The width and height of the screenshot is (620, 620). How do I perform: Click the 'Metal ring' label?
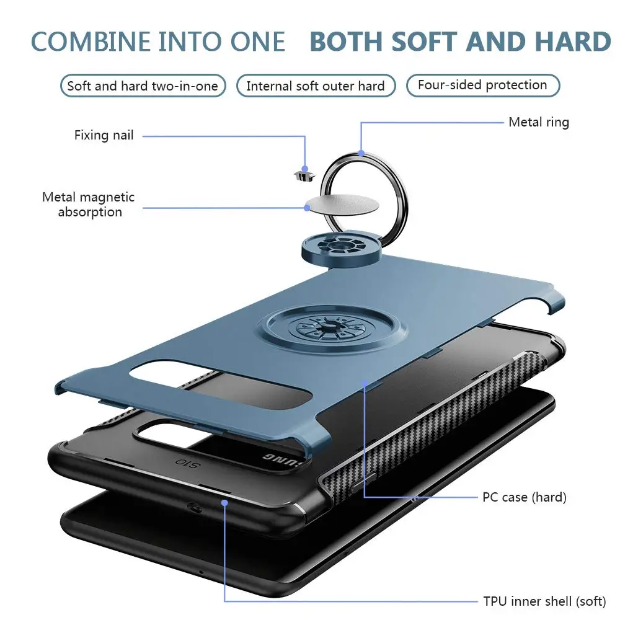[x=539, y=122]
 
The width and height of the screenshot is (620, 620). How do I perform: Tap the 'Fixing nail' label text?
[x=104, y=135]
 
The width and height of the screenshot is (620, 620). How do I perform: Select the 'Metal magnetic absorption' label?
[x=89, y=205]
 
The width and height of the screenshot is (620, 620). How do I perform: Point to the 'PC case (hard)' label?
[x=525, y=497]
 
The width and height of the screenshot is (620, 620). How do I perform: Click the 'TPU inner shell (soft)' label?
[x=544, y=601]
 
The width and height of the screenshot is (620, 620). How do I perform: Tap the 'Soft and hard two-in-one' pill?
[x=143, y=86]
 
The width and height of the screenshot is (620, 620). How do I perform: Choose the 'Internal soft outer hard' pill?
[x=316, y=86]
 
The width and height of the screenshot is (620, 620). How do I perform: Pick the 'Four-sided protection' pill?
[x=483, y=86]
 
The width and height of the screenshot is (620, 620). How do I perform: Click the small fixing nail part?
[x=305, y=175]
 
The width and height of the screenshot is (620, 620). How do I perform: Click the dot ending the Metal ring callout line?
[x=361, y=153]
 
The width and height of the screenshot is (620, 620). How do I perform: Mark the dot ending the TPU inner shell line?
[x=224, y=503]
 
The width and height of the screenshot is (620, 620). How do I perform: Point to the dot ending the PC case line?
[x=365, y=383]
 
